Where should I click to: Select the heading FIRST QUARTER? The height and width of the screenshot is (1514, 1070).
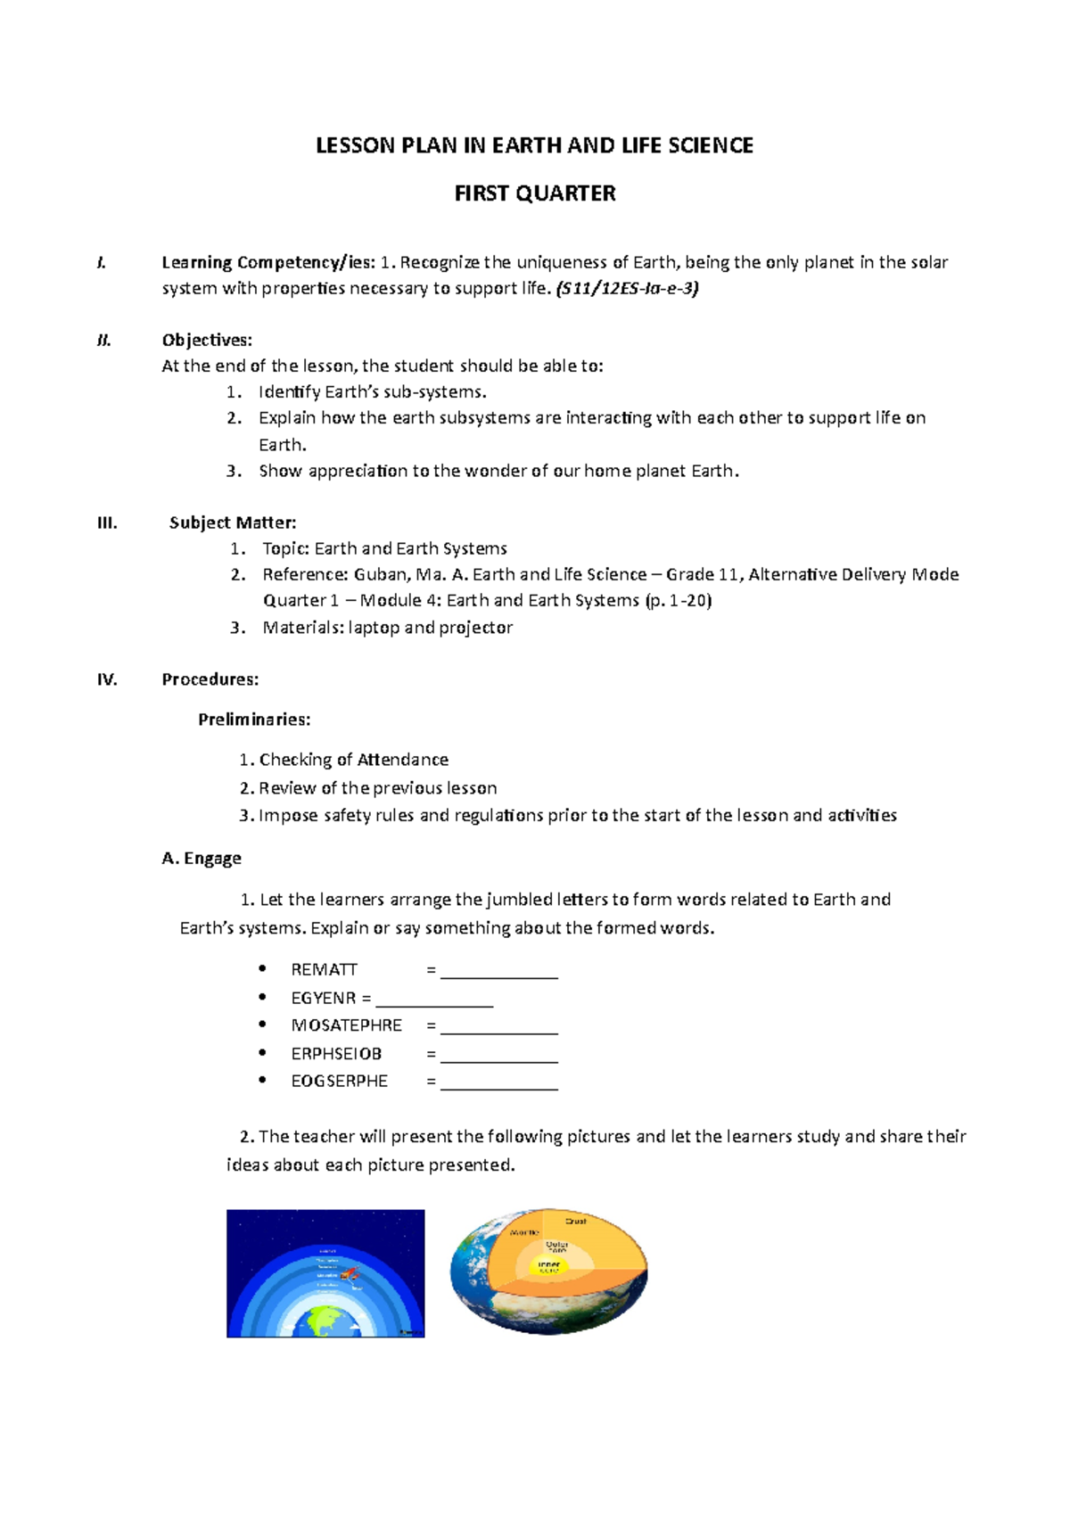coord(535,193)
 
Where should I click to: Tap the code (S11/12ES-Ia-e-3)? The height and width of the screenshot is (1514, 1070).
coord(627,288)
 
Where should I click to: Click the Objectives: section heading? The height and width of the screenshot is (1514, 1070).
coord(207,340)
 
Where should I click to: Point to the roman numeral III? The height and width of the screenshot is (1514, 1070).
coord(107,522)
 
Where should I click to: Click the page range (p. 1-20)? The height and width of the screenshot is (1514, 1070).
coord(678,600)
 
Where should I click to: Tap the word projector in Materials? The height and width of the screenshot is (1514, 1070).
coord(476,628)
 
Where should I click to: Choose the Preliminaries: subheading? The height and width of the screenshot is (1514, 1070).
coord(254,720)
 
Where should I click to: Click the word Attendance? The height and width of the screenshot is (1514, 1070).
coord(402,760)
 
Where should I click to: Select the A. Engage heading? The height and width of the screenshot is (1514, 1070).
coord(202,859)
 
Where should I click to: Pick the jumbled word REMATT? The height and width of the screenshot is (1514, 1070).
coord(324,969)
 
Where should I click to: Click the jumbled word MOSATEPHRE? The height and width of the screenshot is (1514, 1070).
coord(346,1025)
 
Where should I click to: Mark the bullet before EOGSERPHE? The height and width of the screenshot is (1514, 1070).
coord(262,1080)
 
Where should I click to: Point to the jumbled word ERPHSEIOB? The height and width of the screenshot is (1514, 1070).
coord(336,1053)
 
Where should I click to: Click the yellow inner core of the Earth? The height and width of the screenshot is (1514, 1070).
coord(549,1265)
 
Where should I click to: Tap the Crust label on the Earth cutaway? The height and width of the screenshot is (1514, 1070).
coord(576,1221)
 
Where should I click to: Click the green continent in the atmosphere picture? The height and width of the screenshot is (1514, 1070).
coord(326,1321)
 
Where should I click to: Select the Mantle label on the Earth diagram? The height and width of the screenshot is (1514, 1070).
coord(524,1232)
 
